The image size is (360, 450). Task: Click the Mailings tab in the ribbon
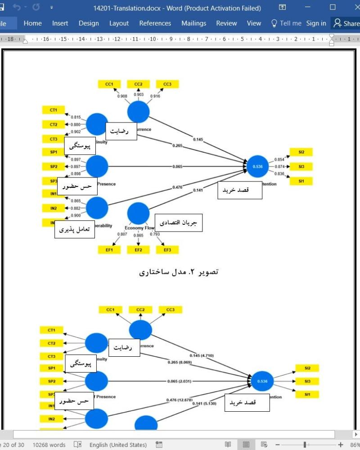[193, 23]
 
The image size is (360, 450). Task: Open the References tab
[155, 23]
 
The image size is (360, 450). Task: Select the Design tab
[89, 23]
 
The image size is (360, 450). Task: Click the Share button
[346, 23]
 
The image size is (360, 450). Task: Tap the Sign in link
[316, 23]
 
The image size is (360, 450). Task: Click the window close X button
[352, 8]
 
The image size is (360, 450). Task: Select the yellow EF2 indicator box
[139, 250]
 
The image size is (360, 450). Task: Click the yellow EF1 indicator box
[109, 250]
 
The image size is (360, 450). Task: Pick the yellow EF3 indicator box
[167, 250]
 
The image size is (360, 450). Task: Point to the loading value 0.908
[122, 96]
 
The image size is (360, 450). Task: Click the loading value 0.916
[156, 96]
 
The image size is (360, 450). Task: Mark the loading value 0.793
[154, 235]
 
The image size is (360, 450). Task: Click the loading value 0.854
[279, 159]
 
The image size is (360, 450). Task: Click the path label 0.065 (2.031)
[179, 381]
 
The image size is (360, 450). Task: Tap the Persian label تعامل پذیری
[75, 230]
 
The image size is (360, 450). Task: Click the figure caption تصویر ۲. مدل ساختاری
[179, 272]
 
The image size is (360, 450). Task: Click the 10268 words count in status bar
[49, 445]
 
